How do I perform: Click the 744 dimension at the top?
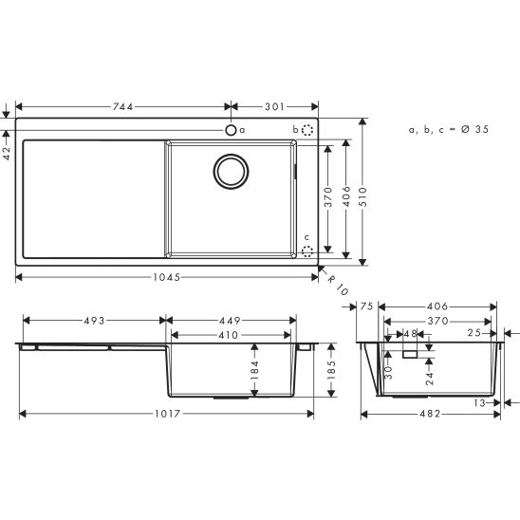tap(122, 106)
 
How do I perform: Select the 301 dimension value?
tap(275, 106)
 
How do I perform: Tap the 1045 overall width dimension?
tap(167, 277)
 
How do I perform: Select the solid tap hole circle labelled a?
tap(230, 129)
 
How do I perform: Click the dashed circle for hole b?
tap(306, 129)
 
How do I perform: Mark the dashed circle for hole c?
tap(306, 251)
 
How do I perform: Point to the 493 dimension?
tap(91, 320)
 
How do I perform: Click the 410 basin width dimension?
tap(229, 335)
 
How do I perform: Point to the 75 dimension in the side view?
tap(368, 306)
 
